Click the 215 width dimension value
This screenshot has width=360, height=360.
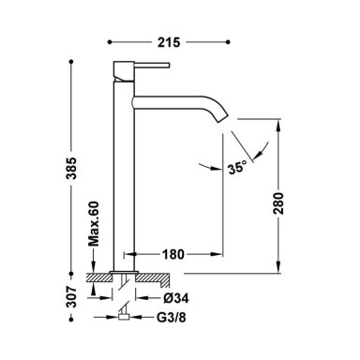coord(169,42)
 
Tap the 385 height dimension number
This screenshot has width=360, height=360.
coord(72,168)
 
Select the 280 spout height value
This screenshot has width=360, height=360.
coord(278,203)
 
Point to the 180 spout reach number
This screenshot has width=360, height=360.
coord(172,254)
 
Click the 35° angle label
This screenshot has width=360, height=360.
coord(237,168)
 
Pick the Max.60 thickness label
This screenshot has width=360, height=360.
coord(93,224)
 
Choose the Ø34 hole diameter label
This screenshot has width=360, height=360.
coord(176,298)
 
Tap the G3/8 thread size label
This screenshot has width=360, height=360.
coord(171,318)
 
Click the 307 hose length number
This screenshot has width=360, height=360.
coord(72,296)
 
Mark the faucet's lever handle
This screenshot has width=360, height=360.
coord(152,65)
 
